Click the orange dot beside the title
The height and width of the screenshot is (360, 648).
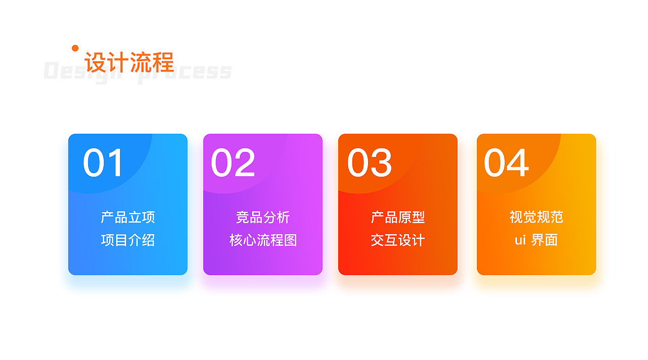[75, 48]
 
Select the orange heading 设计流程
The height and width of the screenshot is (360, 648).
[129, 62]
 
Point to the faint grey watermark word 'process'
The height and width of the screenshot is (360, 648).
[185, 72]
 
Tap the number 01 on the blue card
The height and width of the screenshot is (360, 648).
[103, 163]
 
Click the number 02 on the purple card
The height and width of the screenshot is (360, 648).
[233, 163]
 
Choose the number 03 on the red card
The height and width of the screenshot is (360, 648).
[370, 163]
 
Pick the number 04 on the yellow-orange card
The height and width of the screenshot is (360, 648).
[506, 163]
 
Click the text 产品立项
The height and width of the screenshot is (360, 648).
[128, 218]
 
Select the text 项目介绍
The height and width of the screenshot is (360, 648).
[128, 240]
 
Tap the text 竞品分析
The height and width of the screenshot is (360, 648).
[263, 218]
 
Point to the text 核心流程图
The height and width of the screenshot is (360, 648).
[263, 240]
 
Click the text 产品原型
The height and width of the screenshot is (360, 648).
[398, 218]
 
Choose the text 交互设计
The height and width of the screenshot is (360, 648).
[398, 240]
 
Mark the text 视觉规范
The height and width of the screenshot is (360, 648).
[536, 217]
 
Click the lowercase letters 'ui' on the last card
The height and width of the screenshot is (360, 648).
[520, 240]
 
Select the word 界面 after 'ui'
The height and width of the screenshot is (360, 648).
[545, 240]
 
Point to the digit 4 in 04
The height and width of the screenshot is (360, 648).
[518, 163]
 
